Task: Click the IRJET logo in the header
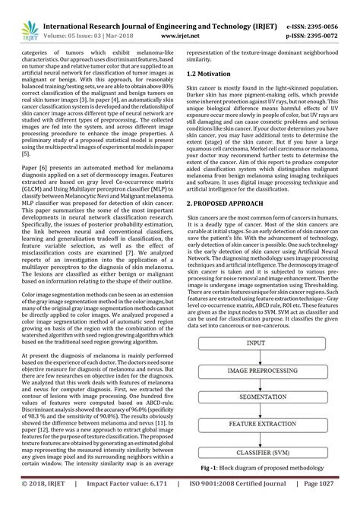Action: click(x=23, y=14)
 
